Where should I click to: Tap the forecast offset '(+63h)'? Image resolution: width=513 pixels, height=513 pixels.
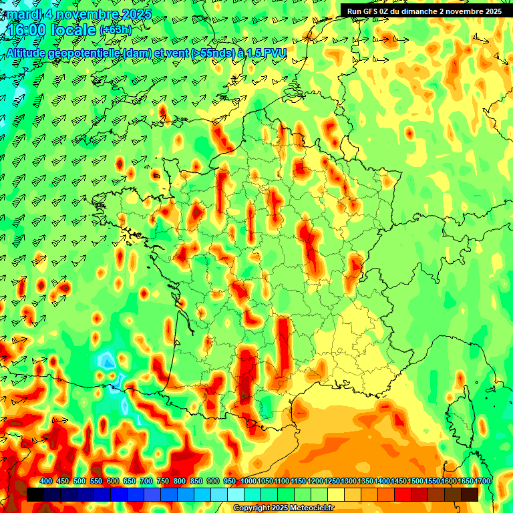(x=116, y=30)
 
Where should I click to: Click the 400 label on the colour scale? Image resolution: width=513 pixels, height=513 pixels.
(x=46, y=482)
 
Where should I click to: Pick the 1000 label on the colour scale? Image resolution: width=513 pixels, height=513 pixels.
(x=248, y=482)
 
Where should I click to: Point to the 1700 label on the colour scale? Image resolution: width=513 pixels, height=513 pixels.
(x=482, y=482)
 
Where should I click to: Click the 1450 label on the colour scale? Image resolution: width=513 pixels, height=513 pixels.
(x=399, y=482)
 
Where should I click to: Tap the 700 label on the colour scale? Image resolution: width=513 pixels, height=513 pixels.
(x=146, y=482)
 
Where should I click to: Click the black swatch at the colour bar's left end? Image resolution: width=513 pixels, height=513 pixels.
(x=35, y=494)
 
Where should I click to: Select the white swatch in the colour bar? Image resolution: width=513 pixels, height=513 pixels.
(x=236, y=494)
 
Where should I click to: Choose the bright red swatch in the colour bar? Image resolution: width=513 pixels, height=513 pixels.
(x=403, y=494)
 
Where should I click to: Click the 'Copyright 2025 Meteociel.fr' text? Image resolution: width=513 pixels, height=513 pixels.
(x=283, y=508)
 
